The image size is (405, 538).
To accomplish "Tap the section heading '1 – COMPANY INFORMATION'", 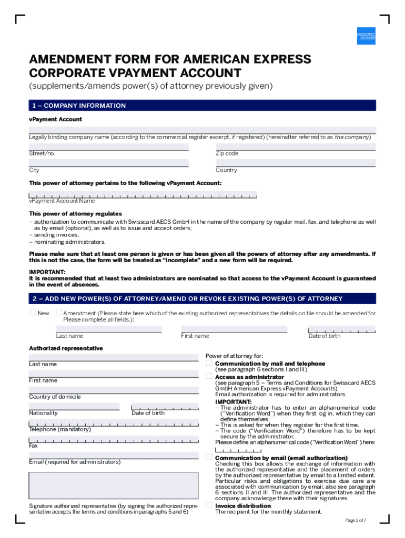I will [77, 106].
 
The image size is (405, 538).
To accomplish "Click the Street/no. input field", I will [108, 147].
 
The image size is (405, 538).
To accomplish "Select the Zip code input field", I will [296, 147].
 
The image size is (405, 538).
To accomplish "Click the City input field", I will [108, 163].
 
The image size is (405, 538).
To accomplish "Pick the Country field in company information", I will [296, 163].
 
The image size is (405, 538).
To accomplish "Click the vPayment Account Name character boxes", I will [143, 194].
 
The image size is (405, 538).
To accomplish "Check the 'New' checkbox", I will [33, 313].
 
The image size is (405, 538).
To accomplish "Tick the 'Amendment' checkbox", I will [58, 313].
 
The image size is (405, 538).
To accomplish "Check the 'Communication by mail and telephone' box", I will [209, 363].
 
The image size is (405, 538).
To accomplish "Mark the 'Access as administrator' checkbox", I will [209, 376].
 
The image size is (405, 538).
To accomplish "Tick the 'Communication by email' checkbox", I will [209, 458].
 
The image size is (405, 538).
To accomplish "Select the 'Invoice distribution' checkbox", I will [209, 505].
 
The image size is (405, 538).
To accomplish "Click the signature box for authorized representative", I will [114, 484].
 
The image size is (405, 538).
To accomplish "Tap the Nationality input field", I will [74, 406].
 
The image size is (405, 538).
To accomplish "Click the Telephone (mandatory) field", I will [114, 423].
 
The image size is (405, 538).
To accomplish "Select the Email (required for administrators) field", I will [114, 455].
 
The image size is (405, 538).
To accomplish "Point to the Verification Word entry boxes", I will [237, 450].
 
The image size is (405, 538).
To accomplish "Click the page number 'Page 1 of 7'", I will [356, 520].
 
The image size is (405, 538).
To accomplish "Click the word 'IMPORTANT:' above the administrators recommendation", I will [47, 272].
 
